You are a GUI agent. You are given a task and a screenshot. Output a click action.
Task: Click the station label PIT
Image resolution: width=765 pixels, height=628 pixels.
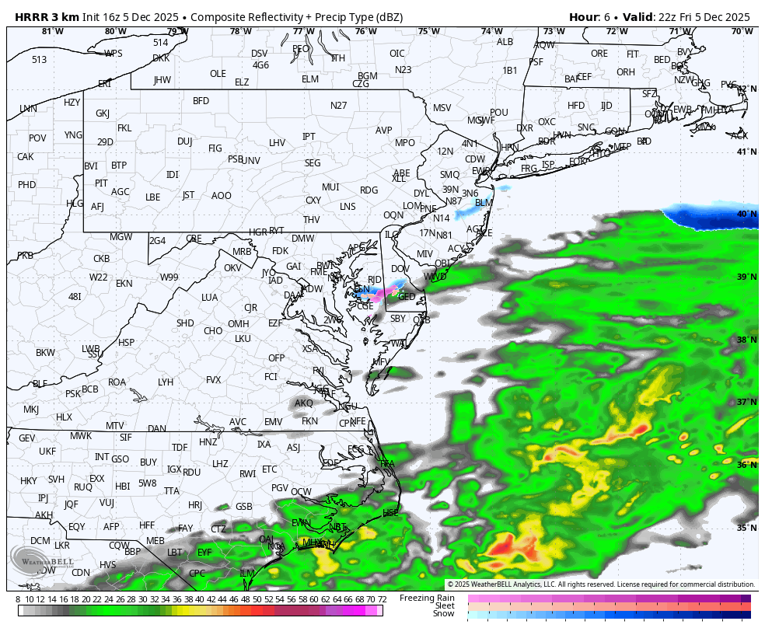point(101,183)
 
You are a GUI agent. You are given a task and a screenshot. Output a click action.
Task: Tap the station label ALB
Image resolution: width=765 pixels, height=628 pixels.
point(505,42)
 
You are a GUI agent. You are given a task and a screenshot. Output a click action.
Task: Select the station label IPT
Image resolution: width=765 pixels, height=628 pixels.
point(309,137)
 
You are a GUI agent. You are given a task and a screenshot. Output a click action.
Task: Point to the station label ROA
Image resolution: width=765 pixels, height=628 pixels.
point(117,382)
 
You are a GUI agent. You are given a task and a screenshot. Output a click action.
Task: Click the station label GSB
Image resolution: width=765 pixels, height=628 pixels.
point(244,507)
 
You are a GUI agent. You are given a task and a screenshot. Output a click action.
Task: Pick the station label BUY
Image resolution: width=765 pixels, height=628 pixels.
point(148,462)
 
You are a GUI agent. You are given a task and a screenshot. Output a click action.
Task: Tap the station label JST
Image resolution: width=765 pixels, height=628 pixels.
point(188,195)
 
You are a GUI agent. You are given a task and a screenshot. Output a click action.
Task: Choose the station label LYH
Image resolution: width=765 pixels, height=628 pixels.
point(166,382)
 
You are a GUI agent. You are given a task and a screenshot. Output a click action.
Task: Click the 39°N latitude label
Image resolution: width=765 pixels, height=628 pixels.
point(746,277)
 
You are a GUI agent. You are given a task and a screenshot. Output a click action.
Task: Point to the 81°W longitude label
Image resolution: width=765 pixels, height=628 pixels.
point(52,32)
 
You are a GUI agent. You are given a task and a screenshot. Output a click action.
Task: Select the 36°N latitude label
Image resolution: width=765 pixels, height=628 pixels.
point(746,465)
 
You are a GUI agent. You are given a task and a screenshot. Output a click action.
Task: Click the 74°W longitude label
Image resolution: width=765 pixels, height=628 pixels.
point(491,32)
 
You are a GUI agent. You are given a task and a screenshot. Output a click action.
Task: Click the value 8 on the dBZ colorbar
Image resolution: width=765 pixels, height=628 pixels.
point(18,599)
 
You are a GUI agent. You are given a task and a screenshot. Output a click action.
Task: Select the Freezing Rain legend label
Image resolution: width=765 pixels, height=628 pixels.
point(427,598)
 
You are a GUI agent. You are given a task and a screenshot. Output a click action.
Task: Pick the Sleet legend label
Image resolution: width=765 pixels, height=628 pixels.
point(444,606)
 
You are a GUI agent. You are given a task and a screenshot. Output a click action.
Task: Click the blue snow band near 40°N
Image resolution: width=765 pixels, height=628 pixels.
point(711,218)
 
